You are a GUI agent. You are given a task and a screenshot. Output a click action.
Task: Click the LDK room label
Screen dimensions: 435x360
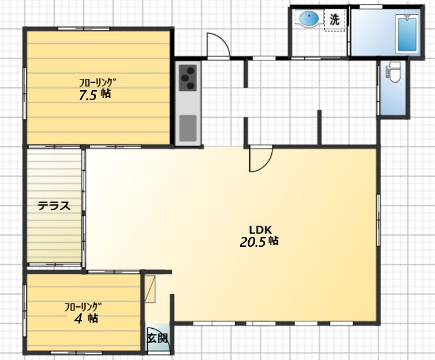(260, 230)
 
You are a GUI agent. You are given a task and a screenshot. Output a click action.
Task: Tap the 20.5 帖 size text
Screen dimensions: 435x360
(259, 242)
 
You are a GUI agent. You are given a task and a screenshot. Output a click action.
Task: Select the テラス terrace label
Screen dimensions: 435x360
(54, 206)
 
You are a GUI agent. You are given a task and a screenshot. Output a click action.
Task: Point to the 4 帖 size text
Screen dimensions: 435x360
(86, 319)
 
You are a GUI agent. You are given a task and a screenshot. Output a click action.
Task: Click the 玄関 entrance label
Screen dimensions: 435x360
(157, 338)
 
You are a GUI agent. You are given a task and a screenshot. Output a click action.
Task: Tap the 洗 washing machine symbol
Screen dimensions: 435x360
(335, 19)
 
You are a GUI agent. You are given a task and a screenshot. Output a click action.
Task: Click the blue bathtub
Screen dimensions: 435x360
(407, 34)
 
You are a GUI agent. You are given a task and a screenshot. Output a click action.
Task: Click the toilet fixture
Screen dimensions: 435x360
(394, 72)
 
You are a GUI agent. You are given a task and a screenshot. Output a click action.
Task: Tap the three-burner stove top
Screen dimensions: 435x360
(188, 78)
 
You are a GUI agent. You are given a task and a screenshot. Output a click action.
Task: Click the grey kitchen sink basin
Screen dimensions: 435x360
(188, 128)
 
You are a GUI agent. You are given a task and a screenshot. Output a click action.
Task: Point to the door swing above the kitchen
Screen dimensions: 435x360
(218, 45)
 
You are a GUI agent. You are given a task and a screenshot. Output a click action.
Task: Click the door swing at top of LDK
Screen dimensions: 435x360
(261, 160)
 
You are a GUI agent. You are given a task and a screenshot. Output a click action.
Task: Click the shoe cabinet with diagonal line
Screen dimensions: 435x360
(150, 289)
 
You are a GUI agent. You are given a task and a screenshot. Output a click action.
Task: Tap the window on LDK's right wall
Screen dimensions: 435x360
(378, 220)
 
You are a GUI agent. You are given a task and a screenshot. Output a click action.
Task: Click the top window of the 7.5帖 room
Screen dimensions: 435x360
(84, 28)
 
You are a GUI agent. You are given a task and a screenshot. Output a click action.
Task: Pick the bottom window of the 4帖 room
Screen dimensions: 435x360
(77, 353)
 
